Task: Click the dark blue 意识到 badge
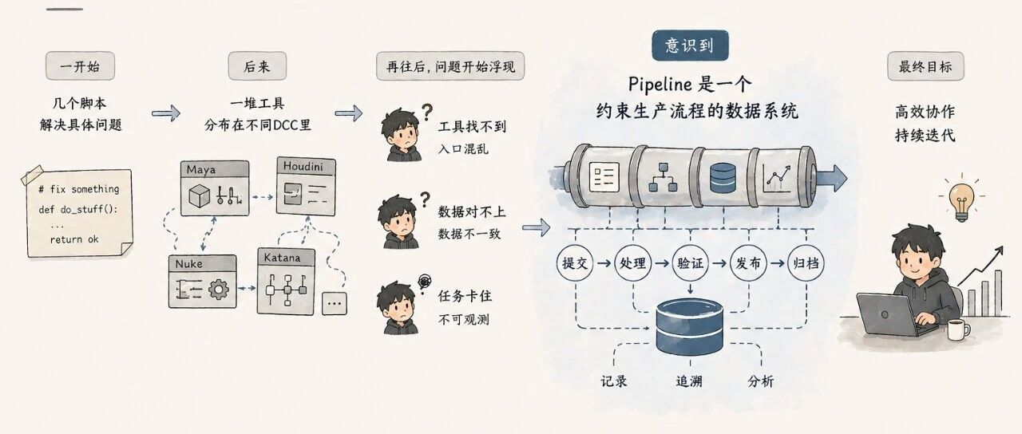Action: click(690, 45)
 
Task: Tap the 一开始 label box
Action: click(80, 66)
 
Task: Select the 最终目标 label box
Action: click(925, 66)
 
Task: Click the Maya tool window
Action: click(215, 187)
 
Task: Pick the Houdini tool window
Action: click(306, 186)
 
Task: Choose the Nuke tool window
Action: click(203, 282)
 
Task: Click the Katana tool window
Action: click(286, 282)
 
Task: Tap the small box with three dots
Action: click(335, 304)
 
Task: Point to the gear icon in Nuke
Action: click(219, 289)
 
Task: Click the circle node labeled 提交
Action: click(575, 263)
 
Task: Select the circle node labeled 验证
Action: click(691, 263)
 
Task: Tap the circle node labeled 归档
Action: click(806, 263)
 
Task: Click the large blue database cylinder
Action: click(689, 326)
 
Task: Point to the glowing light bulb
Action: click(962, 201)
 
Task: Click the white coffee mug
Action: click(958, 329)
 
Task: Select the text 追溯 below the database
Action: click(689, 381)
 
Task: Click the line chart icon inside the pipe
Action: click(778, 178)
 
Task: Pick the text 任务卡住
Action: click(465, 296)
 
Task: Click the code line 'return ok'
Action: click(74, 239)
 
